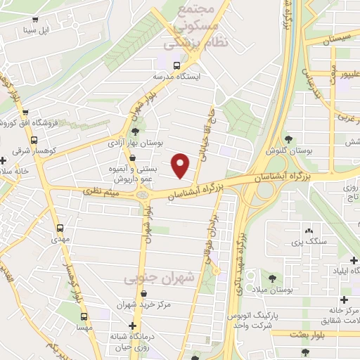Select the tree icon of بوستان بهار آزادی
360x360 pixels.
134,131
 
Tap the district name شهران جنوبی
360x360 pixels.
159,279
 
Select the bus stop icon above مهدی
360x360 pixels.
60,228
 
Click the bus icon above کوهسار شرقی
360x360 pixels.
25,112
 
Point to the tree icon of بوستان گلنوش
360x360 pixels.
288,140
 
